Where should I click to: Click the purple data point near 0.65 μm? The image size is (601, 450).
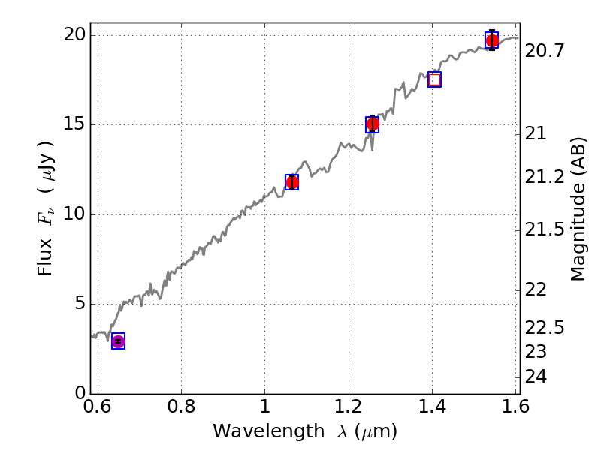click(x=119, y=341)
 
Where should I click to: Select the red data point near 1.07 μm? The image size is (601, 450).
click(x=292, y=182)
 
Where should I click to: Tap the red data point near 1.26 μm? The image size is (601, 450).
click(x=373, y=124)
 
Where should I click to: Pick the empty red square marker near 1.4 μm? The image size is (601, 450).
click(x=435, y=79)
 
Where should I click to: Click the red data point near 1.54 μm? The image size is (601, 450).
click(x=492, y=40)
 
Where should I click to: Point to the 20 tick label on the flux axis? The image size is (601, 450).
click(x=74, y=35)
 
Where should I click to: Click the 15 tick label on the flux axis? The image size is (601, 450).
click(x=74, y=124)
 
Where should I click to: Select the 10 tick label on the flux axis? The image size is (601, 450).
click(x=74, y=214)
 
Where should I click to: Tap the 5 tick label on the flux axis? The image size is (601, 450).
click(x=80, y=304)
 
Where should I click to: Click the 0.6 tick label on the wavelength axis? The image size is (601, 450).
click(x=98, y=406)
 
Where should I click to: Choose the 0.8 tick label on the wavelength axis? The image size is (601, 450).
click(x=181, y=406)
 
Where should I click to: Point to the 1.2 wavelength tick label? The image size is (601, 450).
click(x=349, y=406)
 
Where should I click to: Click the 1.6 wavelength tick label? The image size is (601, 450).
click(x=516, y=406)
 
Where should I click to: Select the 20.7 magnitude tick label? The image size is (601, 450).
click(x=545, y=50)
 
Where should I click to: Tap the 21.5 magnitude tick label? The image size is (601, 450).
click(x=545, y=229)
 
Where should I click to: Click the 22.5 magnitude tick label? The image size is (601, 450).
click(x=545, y=328)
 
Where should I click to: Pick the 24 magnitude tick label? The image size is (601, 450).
click(x=536, y=376)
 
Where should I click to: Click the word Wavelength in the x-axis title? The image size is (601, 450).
click(x=269, y=430)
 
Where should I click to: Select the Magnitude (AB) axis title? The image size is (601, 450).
click(x=578, y=209)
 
